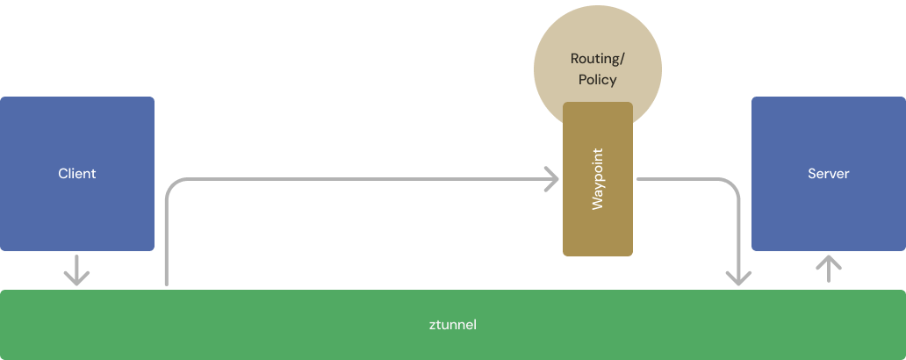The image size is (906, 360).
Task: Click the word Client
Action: point(76,174)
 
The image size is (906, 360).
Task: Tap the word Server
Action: point(828,174)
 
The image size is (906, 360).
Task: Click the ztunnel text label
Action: point(452,325)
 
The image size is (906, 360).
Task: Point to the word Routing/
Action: point(597,60)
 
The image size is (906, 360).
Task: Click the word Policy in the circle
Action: point(597,80)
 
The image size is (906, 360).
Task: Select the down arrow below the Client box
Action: point(76,270)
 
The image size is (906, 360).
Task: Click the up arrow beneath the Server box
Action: point(828,269)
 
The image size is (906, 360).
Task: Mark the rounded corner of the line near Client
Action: point(171,185)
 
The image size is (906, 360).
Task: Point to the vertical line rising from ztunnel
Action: point(165,246)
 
